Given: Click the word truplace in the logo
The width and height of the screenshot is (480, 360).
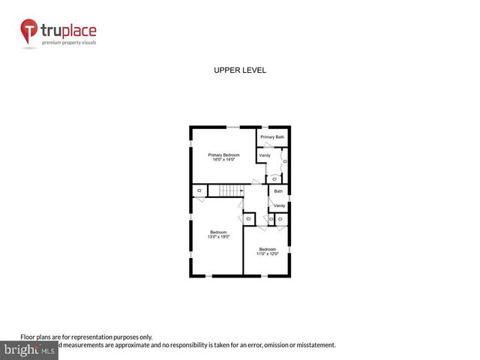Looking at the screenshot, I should pyautogui.click(x=68, y=31).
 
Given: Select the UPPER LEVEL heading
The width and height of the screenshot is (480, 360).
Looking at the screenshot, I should pyautogui.click(x=240, y=70).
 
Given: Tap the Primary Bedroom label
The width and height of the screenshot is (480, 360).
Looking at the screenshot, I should pyautogui.click(x=224, y=155).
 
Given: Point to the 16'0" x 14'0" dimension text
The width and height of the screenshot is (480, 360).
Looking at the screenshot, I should pyautogui.click(x=224, y=160).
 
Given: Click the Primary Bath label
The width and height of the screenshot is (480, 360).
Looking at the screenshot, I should pyautogui.click(x=272, y=137).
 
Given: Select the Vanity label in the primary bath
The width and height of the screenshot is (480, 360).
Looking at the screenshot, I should pyautogui.click(x=264, y=155).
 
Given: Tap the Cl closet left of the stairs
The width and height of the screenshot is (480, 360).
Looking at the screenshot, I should pyautogui.click(x=199, y=191).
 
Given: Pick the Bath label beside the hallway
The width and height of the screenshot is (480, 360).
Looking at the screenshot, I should pyautogui.click(x=278, y=191).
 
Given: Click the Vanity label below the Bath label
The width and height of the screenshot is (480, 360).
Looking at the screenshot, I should pyautogui.click(x=279, y=205).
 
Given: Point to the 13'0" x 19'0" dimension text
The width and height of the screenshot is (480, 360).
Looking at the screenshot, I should pyautogui.click(x=218, y=237).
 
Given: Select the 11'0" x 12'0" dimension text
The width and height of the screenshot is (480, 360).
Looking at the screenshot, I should pyautogui.click(x=268, y=253).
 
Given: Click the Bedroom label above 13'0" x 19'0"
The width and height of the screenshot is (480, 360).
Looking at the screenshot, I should pyautogui.click(x=218, y=232).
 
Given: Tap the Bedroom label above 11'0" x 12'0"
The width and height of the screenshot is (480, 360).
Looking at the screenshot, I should pyautogui.click(x=268, y=249).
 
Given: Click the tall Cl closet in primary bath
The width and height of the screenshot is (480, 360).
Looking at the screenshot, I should pyautogui.click(x=285, y=161).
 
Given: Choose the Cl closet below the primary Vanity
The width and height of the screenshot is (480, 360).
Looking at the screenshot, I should pyautogui.click(x=274, y=179).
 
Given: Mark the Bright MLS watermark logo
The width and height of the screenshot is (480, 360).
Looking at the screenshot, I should pyautogui.click(x=29, y=349).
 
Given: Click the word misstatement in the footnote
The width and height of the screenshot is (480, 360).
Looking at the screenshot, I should pyautogui.click(x=314, y=345).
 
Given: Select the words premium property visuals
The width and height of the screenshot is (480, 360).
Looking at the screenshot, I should pyautogui.click(x=68, y=43).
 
